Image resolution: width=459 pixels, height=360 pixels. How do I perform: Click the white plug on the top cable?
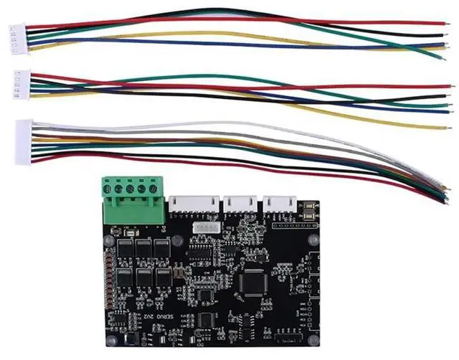click(15, 35)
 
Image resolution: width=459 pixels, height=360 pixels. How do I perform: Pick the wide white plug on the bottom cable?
click(24, 141)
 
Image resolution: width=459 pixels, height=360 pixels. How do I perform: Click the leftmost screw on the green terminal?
click(108, 189)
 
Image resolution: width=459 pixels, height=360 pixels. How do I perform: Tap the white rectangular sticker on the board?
click(205, 227)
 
